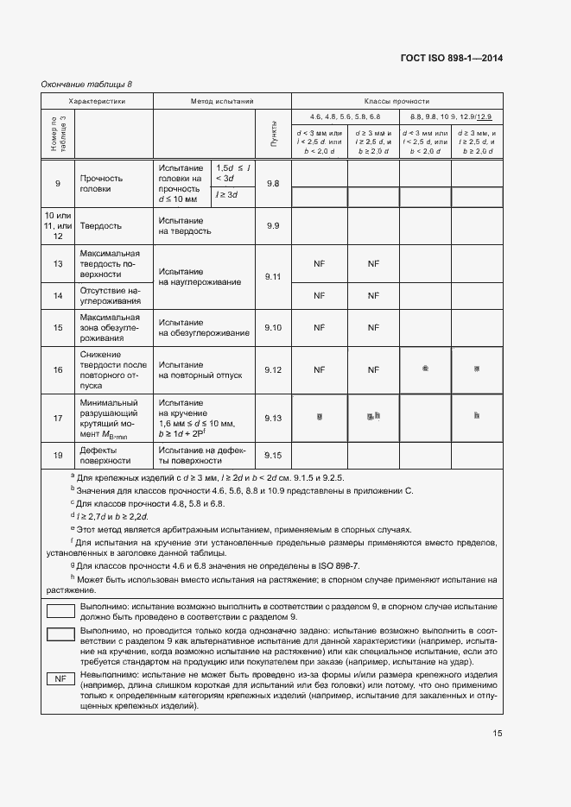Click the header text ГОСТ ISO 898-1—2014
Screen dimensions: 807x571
point(451,59)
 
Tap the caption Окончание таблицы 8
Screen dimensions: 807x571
point(87,84)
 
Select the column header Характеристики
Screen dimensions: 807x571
point(98,101)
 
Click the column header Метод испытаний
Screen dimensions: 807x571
point(222,101)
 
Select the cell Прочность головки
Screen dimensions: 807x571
point(101,183)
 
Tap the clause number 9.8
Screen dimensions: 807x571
point(274,183)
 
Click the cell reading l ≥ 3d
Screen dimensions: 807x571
point(227,196)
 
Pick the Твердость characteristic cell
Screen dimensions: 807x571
point(100,225)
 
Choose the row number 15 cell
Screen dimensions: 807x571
point(58,327)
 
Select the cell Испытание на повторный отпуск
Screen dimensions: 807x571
point(200,370)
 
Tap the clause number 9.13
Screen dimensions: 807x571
point(274,418)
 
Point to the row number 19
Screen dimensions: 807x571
point(58,455)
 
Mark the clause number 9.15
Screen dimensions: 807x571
point(274,455)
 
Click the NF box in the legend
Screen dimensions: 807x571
point(60,679)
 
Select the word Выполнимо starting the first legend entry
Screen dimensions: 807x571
point(100,607)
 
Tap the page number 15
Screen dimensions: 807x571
point(498,734)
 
